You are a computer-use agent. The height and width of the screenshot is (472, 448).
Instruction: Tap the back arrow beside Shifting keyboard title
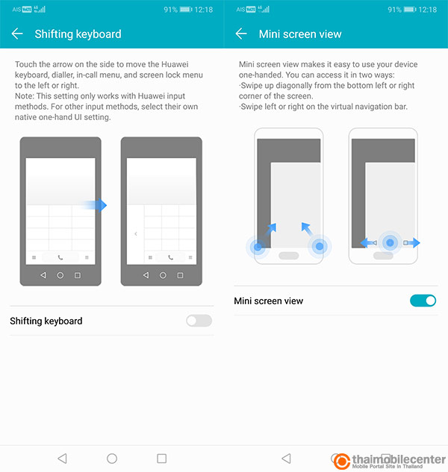click(x=17, y=34)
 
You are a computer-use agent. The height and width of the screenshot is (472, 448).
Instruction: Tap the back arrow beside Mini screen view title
click(x=241, y=34)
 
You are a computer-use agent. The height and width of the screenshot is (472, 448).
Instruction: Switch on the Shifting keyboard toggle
click(x=199, y=321)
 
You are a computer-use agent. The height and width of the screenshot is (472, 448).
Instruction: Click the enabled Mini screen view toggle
click(x=423, y=300)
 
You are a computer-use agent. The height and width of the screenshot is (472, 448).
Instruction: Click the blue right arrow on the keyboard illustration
click(x=94, y=205)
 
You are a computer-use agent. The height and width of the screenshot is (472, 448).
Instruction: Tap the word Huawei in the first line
click(x=175, y=64)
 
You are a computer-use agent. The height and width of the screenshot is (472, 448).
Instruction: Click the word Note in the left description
click(x=24, y=96)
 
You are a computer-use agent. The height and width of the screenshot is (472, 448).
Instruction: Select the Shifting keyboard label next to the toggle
click(x=46, y=321)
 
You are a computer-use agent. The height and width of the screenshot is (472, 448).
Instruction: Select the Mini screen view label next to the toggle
click(x=269, y=300)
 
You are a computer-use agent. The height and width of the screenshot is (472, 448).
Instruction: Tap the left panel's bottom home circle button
click(x=112, y=459)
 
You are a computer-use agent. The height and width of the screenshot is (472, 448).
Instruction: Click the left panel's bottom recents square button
click(x=161, y=459)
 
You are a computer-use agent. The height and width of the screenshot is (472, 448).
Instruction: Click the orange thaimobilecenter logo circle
click(x=341, y=461)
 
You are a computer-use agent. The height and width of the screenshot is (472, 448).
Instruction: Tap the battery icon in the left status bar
click(x=186, y=10)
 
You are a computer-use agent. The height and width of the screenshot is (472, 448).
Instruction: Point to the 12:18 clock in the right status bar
click(x=428, y=10)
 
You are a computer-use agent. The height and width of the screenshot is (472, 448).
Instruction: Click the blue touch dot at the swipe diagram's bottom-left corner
click(x=258, y=247)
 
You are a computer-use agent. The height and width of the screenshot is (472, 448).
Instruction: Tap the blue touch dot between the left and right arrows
click(x=390, y=242)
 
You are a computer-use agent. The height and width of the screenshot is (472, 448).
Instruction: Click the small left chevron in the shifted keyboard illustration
click(x=136, y=233)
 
